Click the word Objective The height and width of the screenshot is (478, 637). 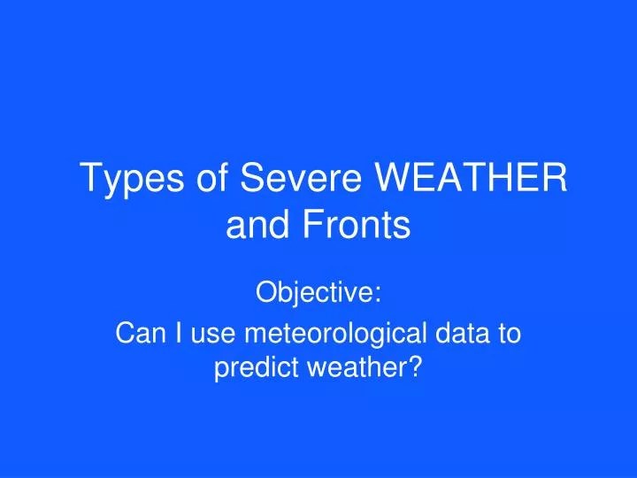(x=315, y=293)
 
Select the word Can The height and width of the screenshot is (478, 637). (x=137, y=334)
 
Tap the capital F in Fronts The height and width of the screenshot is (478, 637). (x=313, y=227)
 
